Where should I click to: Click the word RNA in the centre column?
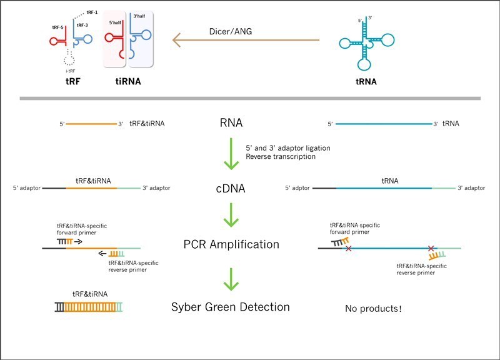(231, 124)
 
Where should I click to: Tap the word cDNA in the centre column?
(231, 187)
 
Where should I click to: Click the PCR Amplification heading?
(231, 244)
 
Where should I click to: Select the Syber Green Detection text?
(231, 307)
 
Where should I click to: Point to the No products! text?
(373, 308)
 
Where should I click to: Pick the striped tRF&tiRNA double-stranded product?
(89, 307)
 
